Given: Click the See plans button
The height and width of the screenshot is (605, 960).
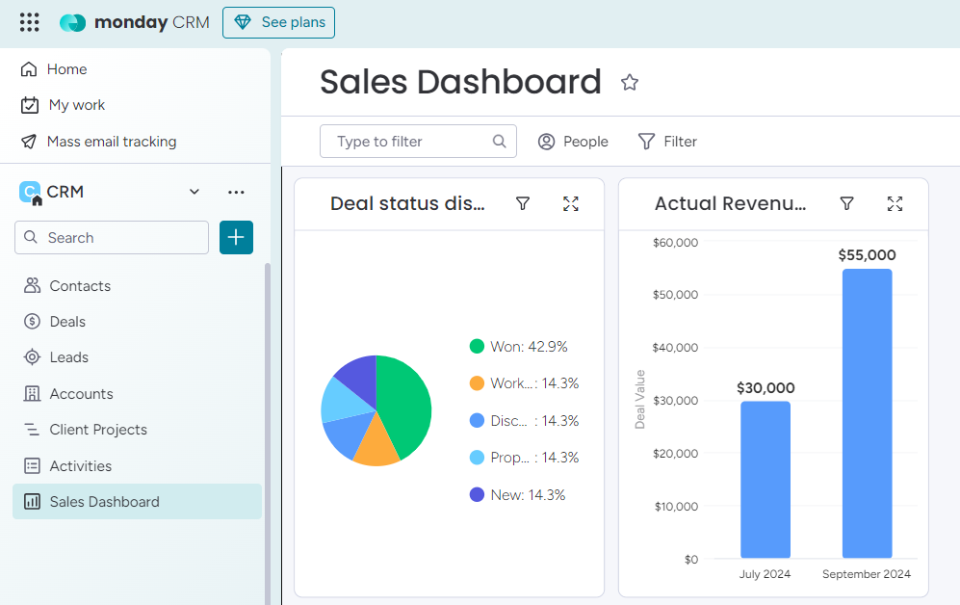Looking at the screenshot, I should tap(278, 22).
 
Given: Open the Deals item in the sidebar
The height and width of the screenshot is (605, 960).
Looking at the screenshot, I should tap(67, 322).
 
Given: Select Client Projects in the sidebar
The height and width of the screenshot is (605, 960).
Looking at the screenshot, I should tap(98, 430).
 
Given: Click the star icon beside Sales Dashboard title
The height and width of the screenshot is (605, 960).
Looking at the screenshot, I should tap(630, 83).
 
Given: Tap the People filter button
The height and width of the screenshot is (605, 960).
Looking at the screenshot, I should tap(573, 142).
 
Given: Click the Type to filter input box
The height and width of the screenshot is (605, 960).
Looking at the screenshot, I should tap(409, 142).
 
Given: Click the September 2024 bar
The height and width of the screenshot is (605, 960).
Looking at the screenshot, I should tap(867, 414).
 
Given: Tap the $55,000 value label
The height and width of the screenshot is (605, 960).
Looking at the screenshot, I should tap(867, 255).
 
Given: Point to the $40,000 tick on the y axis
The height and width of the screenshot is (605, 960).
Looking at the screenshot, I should tap(675, 348).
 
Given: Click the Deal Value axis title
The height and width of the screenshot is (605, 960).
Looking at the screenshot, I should tap(640, 399).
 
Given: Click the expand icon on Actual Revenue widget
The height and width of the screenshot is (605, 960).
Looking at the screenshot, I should tap(895, 203).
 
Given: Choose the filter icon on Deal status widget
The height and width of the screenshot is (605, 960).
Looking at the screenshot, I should tap(523, 203).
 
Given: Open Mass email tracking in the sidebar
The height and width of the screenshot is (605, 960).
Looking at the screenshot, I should tap(112, 142).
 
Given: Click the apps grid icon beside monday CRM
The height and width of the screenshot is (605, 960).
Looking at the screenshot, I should tap(30, 22).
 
